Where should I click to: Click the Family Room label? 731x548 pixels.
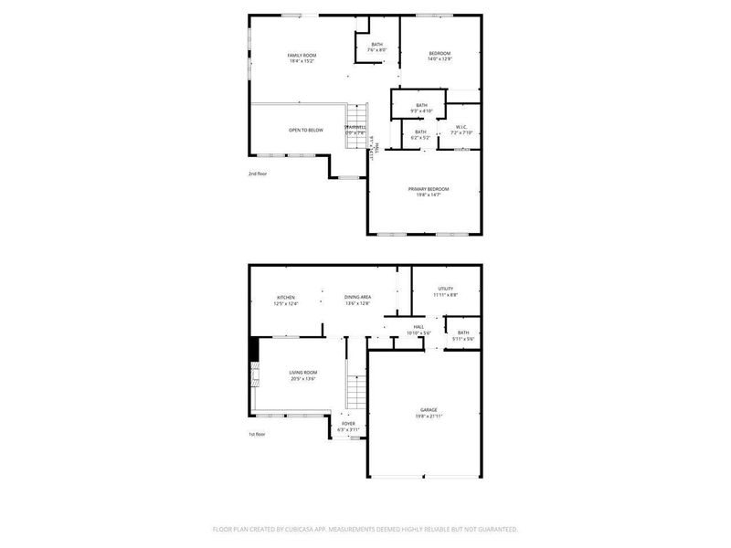(302, 56)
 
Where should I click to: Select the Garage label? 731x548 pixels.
(429, 410)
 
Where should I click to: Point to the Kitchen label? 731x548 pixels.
(286, 298)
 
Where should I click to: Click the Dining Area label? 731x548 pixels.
(357, 298)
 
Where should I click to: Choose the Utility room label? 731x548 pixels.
(445, 289)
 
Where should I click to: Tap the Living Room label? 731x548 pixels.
(303, 373)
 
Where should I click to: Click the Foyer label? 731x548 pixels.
(348, 424)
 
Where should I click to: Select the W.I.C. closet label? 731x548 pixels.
(462, 128)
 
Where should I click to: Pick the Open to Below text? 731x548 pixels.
(306, 131)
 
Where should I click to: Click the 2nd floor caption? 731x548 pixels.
(258, 173)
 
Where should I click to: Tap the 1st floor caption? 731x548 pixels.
(258, 435)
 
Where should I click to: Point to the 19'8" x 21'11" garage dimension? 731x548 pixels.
(429, 416)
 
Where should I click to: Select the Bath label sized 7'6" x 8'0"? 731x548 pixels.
(377, 44)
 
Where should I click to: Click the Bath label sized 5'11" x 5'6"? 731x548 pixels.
(463, 333)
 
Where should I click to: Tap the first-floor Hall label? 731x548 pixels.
(418, 326)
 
